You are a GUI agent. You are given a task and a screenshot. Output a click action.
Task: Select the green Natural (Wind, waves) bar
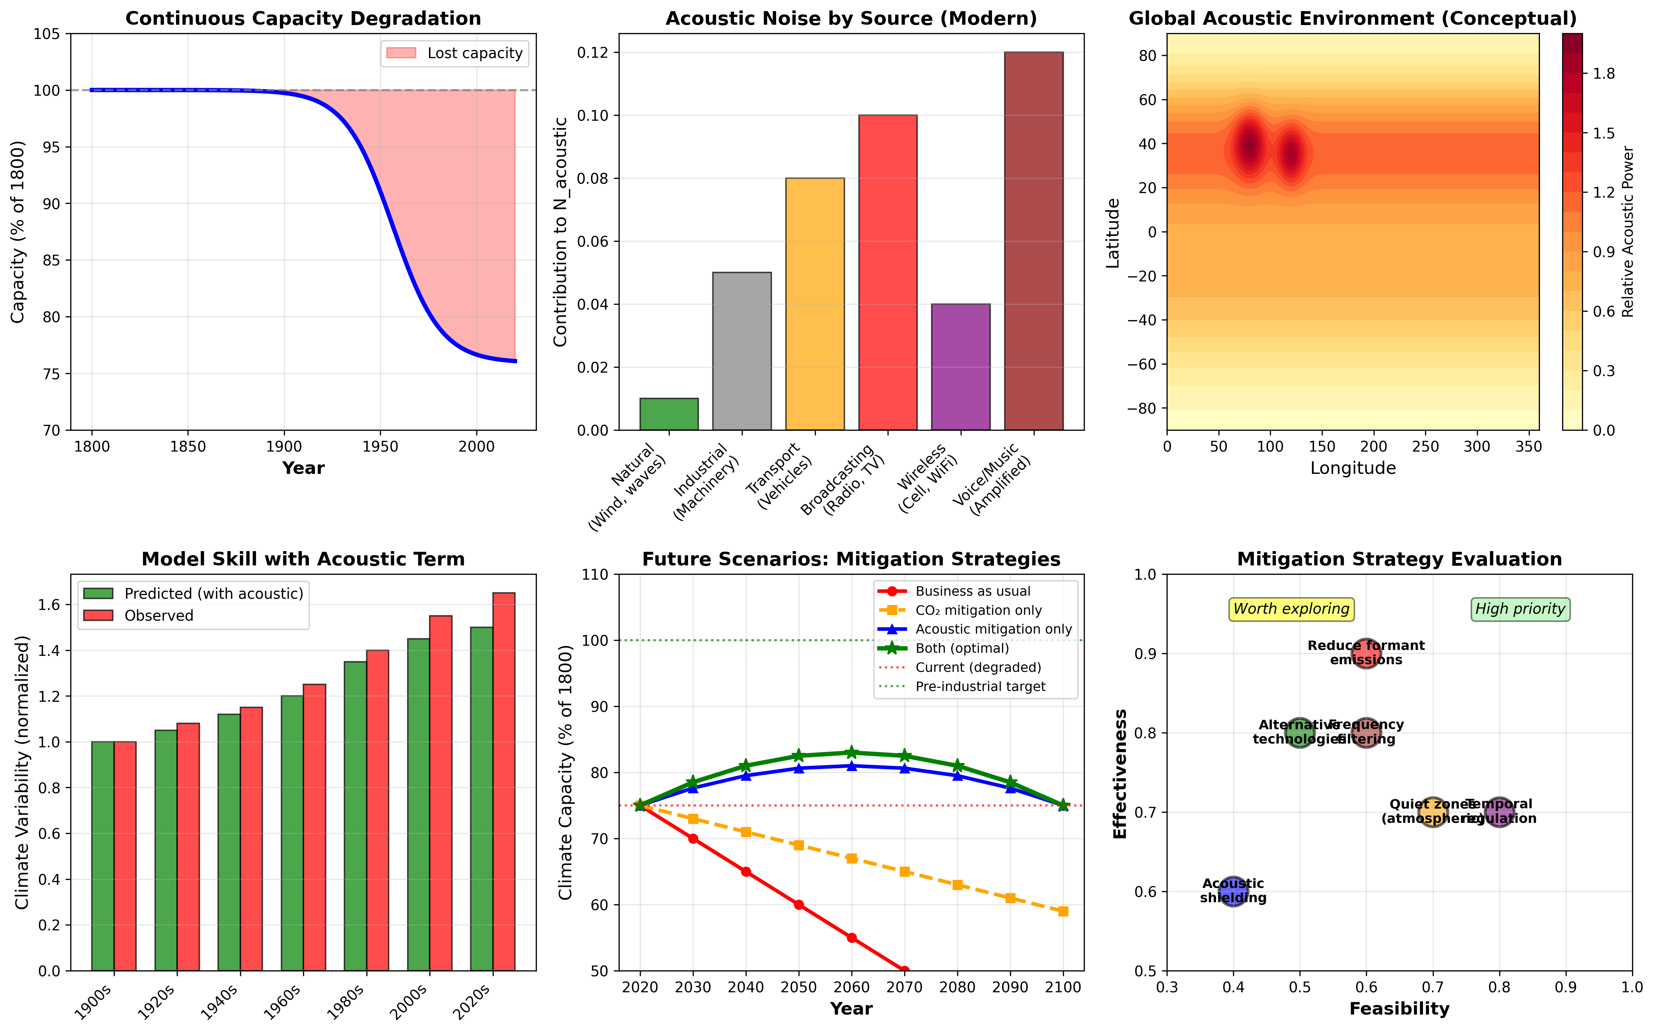(669, 414)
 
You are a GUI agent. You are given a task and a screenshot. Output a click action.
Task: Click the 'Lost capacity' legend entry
(454, 53)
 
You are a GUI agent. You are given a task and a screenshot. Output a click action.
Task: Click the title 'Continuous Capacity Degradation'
(303, 18)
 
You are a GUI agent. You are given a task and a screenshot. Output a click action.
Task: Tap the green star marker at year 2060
(851, 753)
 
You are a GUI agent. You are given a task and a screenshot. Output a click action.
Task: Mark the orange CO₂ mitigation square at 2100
(1063, 911)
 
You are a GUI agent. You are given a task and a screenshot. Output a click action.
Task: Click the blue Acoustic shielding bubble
(1233, 892)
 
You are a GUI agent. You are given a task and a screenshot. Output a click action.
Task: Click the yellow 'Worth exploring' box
(1291, 609)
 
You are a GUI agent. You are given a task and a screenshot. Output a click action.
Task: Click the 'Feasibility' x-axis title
(1399, 1009)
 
